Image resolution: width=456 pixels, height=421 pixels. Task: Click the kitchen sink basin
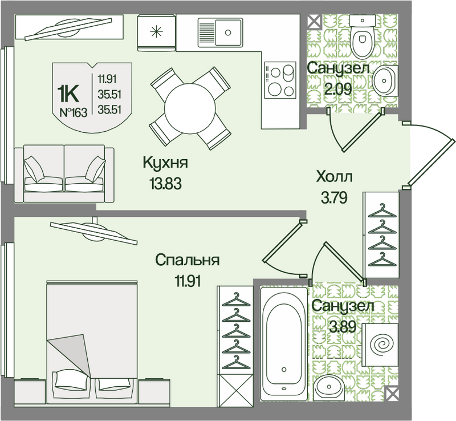click(x=220, y=33)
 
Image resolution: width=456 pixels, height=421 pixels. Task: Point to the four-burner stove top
click(x=280, y=80)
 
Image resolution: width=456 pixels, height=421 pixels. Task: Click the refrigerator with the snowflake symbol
click(x=156, y=32)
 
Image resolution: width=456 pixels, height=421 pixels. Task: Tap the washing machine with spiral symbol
click(x=381, y=345)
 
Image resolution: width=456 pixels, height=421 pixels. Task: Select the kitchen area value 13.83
click(x=166, y=184)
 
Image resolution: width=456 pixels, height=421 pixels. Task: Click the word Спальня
click(x=188, y=260)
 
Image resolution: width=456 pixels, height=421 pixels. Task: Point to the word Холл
click(x=334, y=176)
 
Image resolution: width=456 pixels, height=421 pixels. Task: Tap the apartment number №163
click(x=74, y=112)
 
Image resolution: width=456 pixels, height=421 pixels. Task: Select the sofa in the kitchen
click(x=64, y=173)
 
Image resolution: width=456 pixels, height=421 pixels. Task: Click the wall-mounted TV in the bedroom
click(x=93, y=232)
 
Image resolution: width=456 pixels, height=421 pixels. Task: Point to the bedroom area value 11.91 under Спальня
click(x=188, y=281)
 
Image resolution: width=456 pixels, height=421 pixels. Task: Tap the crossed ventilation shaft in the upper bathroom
click(x=314, y=22)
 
